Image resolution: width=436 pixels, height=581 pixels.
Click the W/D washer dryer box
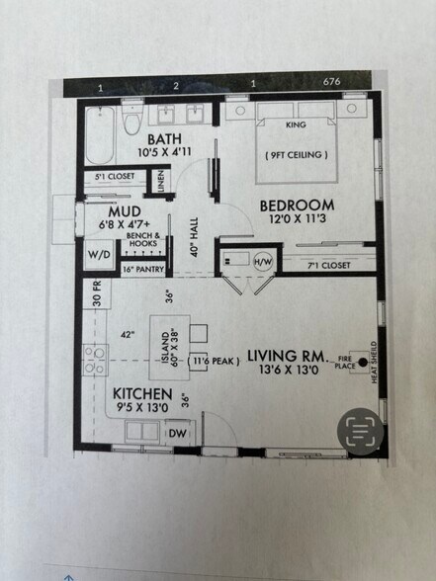[100, 252]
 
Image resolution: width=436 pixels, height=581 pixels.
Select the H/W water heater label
[262, 262]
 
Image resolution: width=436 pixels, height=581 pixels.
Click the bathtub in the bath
[100, 138]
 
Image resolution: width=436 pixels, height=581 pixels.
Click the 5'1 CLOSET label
[114, 179]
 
